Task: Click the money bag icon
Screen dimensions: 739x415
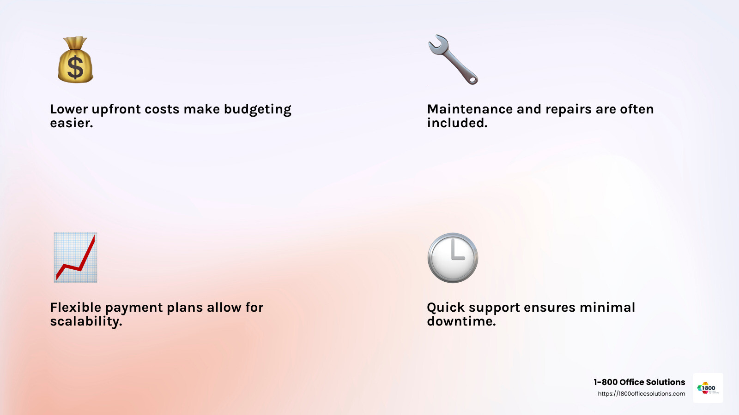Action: [76, 59]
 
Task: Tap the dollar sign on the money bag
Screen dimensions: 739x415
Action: [75, 67]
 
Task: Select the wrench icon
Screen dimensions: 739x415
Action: [453, 59]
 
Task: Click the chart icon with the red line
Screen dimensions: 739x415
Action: [76, 258]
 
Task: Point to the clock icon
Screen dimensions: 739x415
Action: [453, 258]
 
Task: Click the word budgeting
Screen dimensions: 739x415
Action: [258, 110]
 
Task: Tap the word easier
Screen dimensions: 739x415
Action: [72, 123]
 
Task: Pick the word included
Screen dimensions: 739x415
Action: [457, 123]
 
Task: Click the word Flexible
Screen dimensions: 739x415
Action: [76, 307]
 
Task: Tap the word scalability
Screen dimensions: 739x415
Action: [86, 322]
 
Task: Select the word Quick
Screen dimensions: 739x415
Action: [446, 308]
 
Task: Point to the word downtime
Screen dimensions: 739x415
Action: [461, 321]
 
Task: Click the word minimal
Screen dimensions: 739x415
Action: [607, 307]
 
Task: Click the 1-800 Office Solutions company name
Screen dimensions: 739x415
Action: [639, 382]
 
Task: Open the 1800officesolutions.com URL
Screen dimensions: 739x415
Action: [642, 394]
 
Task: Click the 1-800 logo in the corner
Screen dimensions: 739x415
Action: [708, 388]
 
